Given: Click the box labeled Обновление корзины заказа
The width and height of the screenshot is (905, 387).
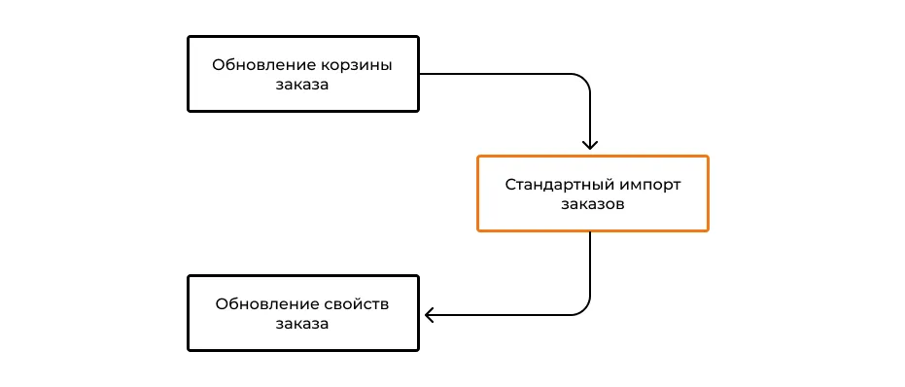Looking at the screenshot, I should [302, 74].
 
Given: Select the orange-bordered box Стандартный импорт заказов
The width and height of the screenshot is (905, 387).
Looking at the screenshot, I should [592, 193].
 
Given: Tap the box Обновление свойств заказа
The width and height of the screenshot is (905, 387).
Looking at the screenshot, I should [302, 313].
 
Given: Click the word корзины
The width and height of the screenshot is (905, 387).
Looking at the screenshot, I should [356, 65].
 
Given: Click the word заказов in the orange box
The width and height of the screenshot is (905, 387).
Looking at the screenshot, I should [592, 204].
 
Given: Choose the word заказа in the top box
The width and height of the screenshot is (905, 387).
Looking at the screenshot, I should [302, 85].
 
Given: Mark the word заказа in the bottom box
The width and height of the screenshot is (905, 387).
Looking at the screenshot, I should [302, 324].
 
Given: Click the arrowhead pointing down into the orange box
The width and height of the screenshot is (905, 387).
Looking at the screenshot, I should [591, 145].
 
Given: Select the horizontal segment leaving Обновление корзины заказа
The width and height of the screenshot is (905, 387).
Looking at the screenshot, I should [496, 74].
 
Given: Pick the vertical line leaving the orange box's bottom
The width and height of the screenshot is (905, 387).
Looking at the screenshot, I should [591, 263].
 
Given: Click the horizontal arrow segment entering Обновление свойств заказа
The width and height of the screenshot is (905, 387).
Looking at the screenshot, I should [505, 314].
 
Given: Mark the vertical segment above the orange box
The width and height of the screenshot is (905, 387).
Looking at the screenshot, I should [591, 117].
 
